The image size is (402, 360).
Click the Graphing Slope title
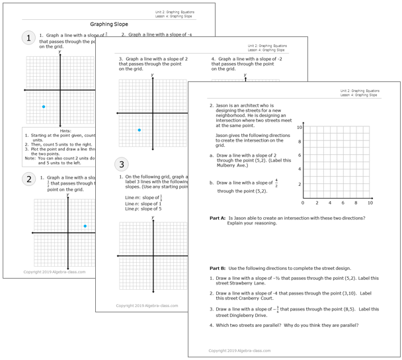coord(109,24)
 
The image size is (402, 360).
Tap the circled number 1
coord(28,38)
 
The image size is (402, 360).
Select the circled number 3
coord(121,164)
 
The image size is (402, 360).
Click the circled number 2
coord(28,179)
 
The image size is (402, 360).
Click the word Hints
coord(60,130)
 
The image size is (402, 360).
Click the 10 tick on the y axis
coord(299,127)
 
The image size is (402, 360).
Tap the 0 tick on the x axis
coord(303,203)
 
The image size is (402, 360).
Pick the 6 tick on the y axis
coord(300,156)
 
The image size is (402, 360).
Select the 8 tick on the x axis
coord(356,203)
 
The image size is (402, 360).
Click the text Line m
coord(133,197)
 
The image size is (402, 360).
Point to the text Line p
coord(132,209)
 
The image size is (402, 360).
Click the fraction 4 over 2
coord(276,182)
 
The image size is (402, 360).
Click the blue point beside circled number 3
coord(139,130)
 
